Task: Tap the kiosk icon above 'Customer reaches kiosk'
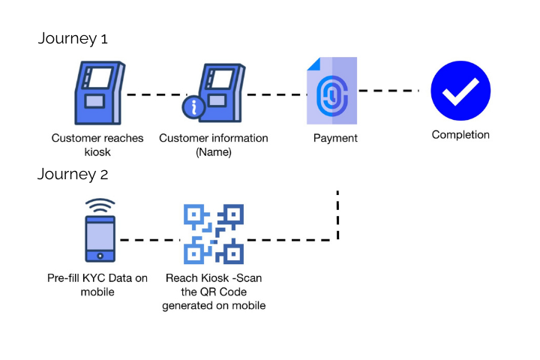[97, 94]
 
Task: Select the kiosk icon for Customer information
[218, 92]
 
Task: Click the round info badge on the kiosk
[195, 108]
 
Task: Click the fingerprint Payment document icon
[331, 91]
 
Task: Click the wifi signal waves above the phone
[99, 205]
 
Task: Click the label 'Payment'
[335, 138]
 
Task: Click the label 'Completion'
[460, 135]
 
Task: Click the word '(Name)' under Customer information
[214, 152]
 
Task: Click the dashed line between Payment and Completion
[387, 91]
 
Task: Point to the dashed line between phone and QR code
[150, 241]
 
